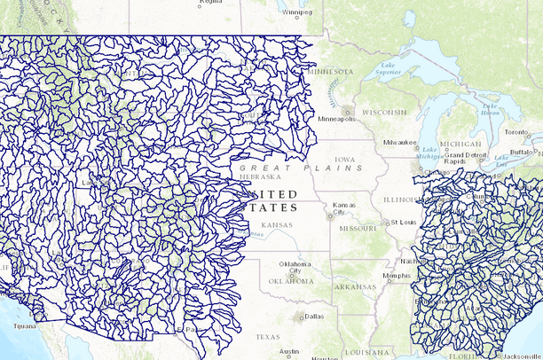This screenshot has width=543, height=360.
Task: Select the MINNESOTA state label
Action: [x=332, y=71]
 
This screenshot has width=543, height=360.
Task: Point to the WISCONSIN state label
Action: [x=383, y=113]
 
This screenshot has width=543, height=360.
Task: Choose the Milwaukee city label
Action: [x=401, y=142]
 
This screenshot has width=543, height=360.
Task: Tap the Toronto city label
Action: [x=515, y=131]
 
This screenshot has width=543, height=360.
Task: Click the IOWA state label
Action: [x=345, y=160]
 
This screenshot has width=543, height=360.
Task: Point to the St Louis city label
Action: [x=404, y=222]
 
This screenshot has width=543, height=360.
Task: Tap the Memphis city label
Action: [x=397, y=276]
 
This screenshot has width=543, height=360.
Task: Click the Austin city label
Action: [x=288, y=352]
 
